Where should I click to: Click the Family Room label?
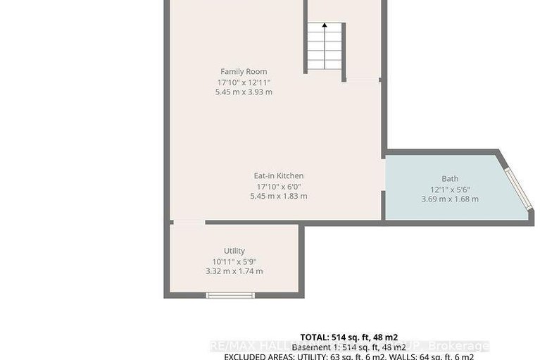tap(244, 72)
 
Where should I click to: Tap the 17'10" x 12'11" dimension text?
tap(244, 82)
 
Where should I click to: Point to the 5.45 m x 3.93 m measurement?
tap(244, 92)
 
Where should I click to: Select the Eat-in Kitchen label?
tap(279, 176)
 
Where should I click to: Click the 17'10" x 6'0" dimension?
tap(279, 186)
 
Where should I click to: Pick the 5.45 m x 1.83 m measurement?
tap(279, 196)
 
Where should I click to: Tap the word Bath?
tap(450, 179)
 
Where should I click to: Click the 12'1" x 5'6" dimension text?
tap(450, 189)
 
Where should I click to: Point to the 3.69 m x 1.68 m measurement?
tap(450, 199)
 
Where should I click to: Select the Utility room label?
tap(234, 251)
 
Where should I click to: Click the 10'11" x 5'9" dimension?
tap(234, 261)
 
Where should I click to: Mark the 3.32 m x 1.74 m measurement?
tap(234, 271)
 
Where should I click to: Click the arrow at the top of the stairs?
tap(325, 25)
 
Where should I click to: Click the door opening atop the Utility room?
tap(188, 223)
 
